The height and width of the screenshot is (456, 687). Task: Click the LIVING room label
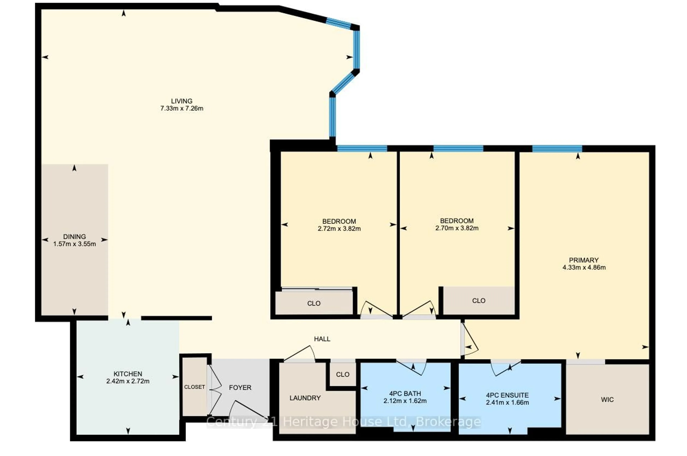tap(182, 101)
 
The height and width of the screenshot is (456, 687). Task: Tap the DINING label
tap(74, 236)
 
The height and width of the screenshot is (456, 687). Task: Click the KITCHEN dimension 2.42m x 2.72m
tap(128, 381)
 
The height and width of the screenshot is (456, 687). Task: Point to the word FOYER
tap(240, 387)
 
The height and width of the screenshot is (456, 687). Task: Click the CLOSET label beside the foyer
tap(194, 387)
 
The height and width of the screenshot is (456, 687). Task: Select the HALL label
tap(322, 339)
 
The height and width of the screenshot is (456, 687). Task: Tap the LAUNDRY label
tap(305, 398)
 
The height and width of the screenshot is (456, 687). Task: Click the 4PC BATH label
tap(405, 393)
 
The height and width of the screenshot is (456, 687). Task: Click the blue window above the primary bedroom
tap(557, 149)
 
